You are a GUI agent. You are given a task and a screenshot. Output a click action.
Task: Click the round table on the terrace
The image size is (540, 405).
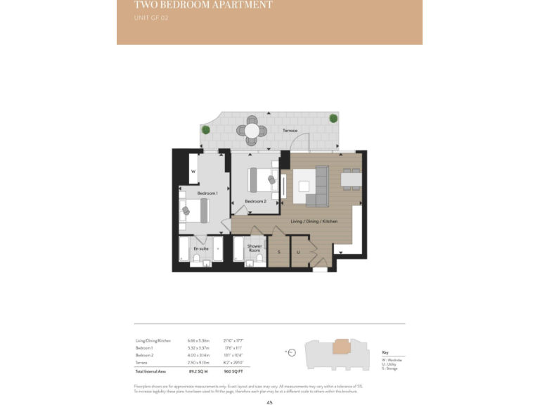[x=252, y=130]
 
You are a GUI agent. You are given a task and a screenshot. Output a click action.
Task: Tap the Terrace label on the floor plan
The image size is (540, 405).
[x=290, y=131]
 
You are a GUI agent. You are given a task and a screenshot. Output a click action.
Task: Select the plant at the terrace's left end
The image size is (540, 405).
[x=205, y=129]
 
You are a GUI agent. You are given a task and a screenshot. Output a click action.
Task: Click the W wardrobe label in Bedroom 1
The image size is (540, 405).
[x=193, y=172]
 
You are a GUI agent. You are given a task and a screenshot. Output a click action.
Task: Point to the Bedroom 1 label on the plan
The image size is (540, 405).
[x=207, y=193]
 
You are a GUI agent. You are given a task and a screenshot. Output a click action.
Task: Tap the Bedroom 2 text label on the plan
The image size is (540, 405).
[x=255, y=201]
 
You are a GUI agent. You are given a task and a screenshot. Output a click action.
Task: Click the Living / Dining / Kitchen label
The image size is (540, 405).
[x=314, y=221]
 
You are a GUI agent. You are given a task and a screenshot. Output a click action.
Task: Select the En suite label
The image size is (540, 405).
[x=200, y=248]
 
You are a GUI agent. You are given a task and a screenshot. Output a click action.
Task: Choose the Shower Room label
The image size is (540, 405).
[x=255, y=247]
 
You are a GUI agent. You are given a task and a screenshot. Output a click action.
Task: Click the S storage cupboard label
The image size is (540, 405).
[x=278, y=251]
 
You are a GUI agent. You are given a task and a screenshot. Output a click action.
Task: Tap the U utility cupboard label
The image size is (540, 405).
[x=298, y=251]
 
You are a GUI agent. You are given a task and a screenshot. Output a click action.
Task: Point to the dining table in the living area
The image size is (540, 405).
[x=351, y=179]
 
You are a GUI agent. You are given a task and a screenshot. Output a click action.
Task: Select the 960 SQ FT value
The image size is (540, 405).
[x=233, y=371]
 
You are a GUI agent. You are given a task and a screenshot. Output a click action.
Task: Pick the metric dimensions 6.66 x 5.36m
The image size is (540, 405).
[x=197, y=340]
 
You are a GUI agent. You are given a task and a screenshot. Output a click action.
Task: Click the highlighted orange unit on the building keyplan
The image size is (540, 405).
[x=341, y=347]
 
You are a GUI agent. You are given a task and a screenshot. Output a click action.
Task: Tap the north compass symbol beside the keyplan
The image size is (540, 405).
[x=292, y=352]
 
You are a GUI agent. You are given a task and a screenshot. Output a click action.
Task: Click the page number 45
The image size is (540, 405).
[x=269, y=401]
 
